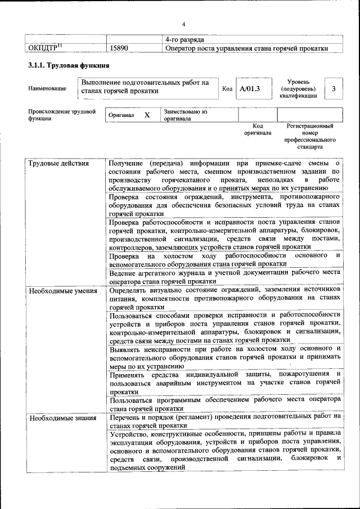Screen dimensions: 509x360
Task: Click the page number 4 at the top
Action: click(x=183, y=24)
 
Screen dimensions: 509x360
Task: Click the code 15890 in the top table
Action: click(x=120, y=48)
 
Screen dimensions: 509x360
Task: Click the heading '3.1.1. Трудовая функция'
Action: click(x=69, y=66)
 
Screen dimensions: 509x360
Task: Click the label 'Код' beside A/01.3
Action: click(x=227, y=89)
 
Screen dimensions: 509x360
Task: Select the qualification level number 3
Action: click(x=334, y=89)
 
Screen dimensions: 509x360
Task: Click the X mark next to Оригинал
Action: click(x=147, y=115)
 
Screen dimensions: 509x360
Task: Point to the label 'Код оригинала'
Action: click(x=257, y=129)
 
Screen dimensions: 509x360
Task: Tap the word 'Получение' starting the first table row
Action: click(x=127, y=164)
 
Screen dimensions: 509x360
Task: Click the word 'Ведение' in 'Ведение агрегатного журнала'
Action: click(x=123, y=273)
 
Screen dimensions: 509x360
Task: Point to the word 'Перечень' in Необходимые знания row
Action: click(x=127, y=418)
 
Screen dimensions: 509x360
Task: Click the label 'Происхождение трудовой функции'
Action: click(x=62, y=115)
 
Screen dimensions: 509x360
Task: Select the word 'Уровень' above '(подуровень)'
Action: click(x=298, y=82)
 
